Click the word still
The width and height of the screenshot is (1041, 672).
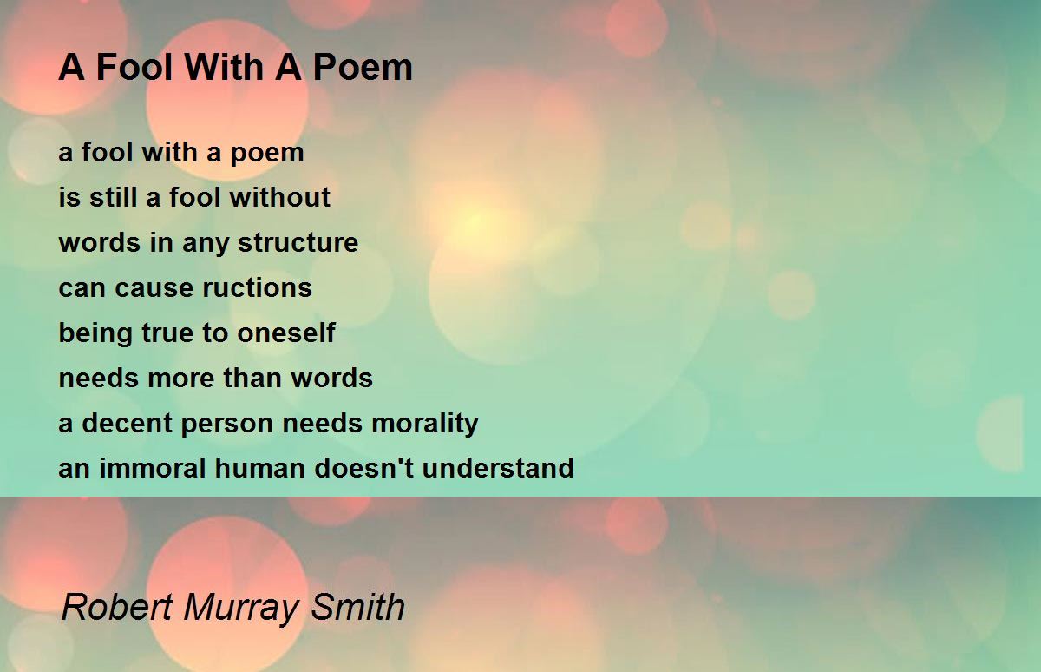[x=114, y=197]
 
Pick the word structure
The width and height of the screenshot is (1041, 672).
[x=298, y=242]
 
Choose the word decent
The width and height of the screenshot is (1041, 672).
[x=122, y=423]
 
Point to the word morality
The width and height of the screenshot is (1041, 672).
[x=425, y=423]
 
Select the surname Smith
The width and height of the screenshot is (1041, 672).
[x=361, y=607]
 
